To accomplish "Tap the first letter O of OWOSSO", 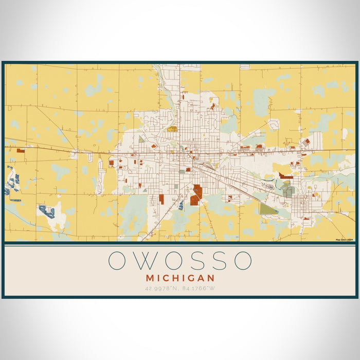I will click(x=117, y=261).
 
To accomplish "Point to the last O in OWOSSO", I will click(x=242, y=261).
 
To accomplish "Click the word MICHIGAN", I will click(x=179, y=278).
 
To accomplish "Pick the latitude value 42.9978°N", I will click(x=161, y=288).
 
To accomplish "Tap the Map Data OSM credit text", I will click(x=345, y=240).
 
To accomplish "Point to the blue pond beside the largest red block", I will click(x=181, y=205).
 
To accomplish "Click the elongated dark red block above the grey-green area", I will click(x=286, y=176).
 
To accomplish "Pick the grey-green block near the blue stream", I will click(x=289, y=191).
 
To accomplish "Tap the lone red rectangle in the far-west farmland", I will click(x=21, y=151).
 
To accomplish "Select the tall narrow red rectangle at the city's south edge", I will click(x=161, y=199).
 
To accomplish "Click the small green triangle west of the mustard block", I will click(x=141, y=139).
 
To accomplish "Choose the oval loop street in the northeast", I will click(x=274, y=124).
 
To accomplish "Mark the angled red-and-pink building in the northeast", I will click(x=306, y=141).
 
